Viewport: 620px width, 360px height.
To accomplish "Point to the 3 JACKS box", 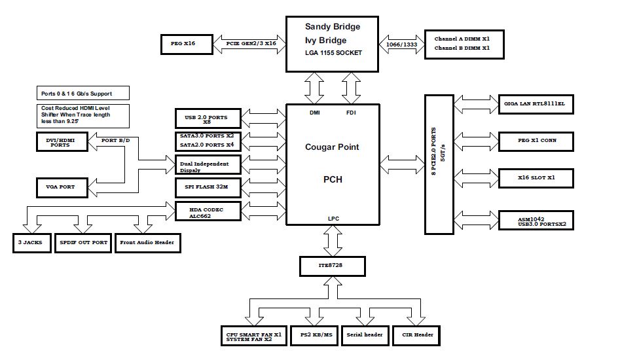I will point(31,242).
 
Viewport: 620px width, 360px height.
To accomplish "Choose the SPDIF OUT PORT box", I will point(82,242).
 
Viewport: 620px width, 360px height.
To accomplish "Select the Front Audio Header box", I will point(147,242).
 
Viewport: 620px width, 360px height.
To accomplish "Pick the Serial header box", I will point(365,335).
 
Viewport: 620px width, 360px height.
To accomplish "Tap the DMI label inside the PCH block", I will point(314,113).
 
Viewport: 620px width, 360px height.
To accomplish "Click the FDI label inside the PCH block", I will point(351,113).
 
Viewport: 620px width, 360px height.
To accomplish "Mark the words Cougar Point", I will point(332,147).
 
